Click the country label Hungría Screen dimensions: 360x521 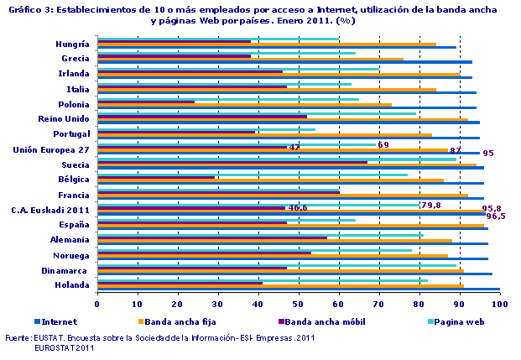tap(73, 43)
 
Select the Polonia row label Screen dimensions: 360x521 tap(74, 103)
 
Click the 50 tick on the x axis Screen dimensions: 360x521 tap(299, 304)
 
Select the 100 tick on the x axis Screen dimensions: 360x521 tap(499, 304)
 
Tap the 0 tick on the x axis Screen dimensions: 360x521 tap(98, 304)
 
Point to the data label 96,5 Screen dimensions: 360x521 tap(495, 217)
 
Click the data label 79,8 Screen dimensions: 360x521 tap(431, 205)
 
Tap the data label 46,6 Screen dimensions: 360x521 tap(298, 207)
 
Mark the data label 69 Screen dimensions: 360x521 tap(383, 144)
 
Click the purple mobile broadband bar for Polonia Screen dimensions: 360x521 tap(146, 102)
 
